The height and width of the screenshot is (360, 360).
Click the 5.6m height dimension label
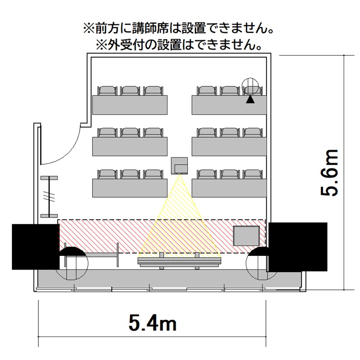329,172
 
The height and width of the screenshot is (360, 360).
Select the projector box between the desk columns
180,166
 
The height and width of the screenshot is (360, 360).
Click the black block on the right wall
298,247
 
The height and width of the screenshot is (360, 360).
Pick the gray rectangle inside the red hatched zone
246,236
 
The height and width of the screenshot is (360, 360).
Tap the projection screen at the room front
180,262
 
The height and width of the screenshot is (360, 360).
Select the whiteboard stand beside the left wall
49,197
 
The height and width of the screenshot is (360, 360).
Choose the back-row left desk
130,105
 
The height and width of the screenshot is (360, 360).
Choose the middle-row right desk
229,146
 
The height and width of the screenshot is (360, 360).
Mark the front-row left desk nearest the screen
130,188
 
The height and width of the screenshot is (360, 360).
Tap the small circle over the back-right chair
250,86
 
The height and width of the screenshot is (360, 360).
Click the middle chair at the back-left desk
130,91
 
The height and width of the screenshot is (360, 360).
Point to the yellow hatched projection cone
180,216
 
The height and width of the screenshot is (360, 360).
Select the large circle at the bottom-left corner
72,264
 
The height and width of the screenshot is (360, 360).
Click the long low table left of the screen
92,254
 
